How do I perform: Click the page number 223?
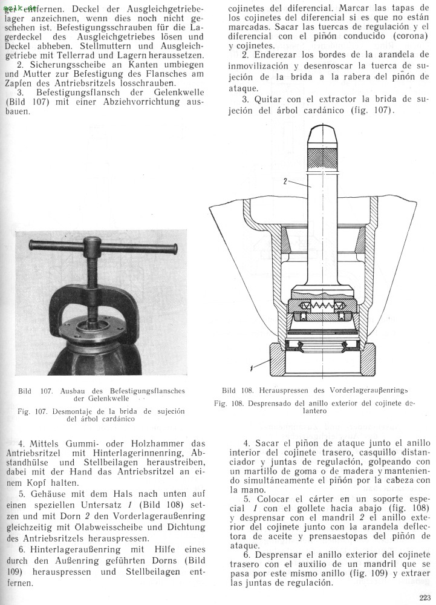coord(425,598)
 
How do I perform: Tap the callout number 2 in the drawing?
coord(285,180)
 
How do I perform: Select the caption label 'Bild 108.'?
coord(236,390)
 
